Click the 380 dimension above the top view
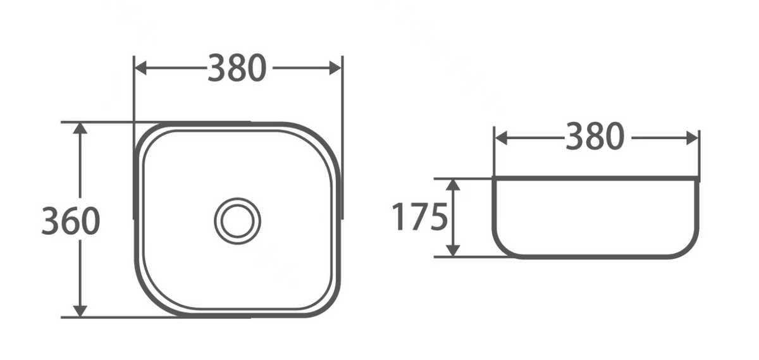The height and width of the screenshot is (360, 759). (237, 68)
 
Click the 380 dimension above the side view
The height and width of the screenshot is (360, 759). (595, 136)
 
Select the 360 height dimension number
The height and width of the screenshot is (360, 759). (70, 221)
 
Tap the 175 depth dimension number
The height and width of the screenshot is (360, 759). (419, 217)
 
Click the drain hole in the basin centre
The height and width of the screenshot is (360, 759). (238, 221)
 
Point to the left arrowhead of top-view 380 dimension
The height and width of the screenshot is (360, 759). (140, 68)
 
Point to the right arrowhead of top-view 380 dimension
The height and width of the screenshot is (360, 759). (335, 68)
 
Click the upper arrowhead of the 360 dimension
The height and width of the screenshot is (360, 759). (80, 128)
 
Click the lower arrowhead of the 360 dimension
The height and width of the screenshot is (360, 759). (80, 311)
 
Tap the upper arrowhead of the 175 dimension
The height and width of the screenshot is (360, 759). (453, 185)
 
